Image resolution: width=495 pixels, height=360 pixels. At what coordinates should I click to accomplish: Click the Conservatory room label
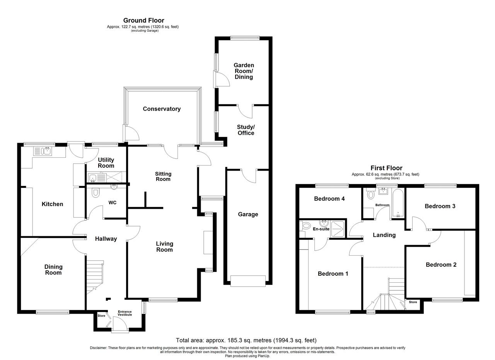(162, 109)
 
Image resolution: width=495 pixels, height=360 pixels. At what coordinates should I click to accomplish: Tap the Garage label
(248, 214)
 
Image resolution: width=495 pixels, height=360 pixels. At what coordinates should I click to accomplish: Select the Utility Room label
(106, 163)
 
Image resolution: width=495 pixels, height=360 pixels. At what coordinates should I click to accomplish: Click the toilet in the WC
(96, 192)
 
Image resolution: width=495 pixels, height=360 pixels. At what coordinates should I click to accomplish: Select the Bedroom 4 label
(329, 199)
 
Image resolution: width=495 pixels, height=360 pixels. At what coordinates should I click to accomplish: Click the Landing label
(384, 235)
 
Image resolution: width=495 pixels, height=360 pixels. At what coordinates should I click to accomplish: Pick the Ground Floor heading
(143, 20)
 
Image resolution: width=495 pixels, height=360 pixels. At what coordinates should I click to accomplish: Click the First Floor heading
(386, 168)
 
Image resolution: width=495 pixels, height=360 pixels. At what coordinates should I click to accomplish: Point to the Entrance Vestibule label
(125, 313)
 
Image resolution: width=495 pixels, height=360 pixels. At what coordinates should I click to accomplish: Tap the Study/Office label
(246, 130)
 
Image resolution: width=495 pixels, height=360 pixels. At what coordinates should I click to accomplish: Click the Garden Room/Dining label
(244, 71)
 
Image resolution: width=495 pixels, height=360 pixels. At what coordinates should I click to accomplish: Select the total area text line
(246, 340)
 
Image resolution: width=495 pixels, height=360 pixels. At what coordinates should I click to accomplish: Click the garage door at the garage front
(248, 281)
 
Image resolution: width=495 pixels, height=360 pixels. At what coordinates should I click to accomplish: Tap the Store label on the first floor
(413, 302)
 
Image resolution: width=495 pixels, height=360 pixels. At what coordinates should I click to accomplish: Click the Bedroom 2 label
(441, 265)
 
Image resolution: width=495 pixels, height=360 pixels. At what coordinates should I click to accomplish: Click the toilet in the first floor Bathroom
(371, 193)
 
